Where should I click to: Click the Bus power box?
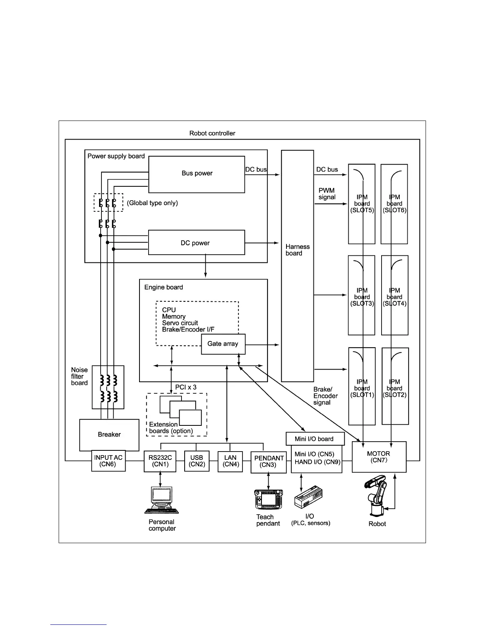197,174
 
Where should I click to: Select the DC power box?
197,243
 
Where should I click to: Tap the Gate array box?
223,344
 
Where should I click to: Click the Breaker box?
109,435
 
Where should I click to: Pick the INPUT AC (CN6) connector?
109,461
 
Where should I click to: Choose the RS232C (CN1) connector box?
160,461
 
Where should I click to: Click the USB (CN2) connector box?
197,461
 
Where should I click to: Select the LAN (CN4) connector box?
230,461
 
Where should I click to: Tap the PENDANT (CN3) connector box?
269,462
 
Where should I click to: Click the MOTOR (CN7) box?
379,457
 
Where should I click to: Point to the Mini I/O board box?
315,438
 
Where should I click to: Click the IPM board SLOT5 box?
361,204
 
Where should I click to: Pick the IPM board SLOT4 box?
395,295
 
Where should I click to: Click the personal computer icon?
161,501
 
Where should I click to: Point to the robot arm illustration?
376,496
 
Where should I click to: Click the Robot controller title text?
212,133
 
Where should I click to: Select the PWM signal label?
327,194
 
